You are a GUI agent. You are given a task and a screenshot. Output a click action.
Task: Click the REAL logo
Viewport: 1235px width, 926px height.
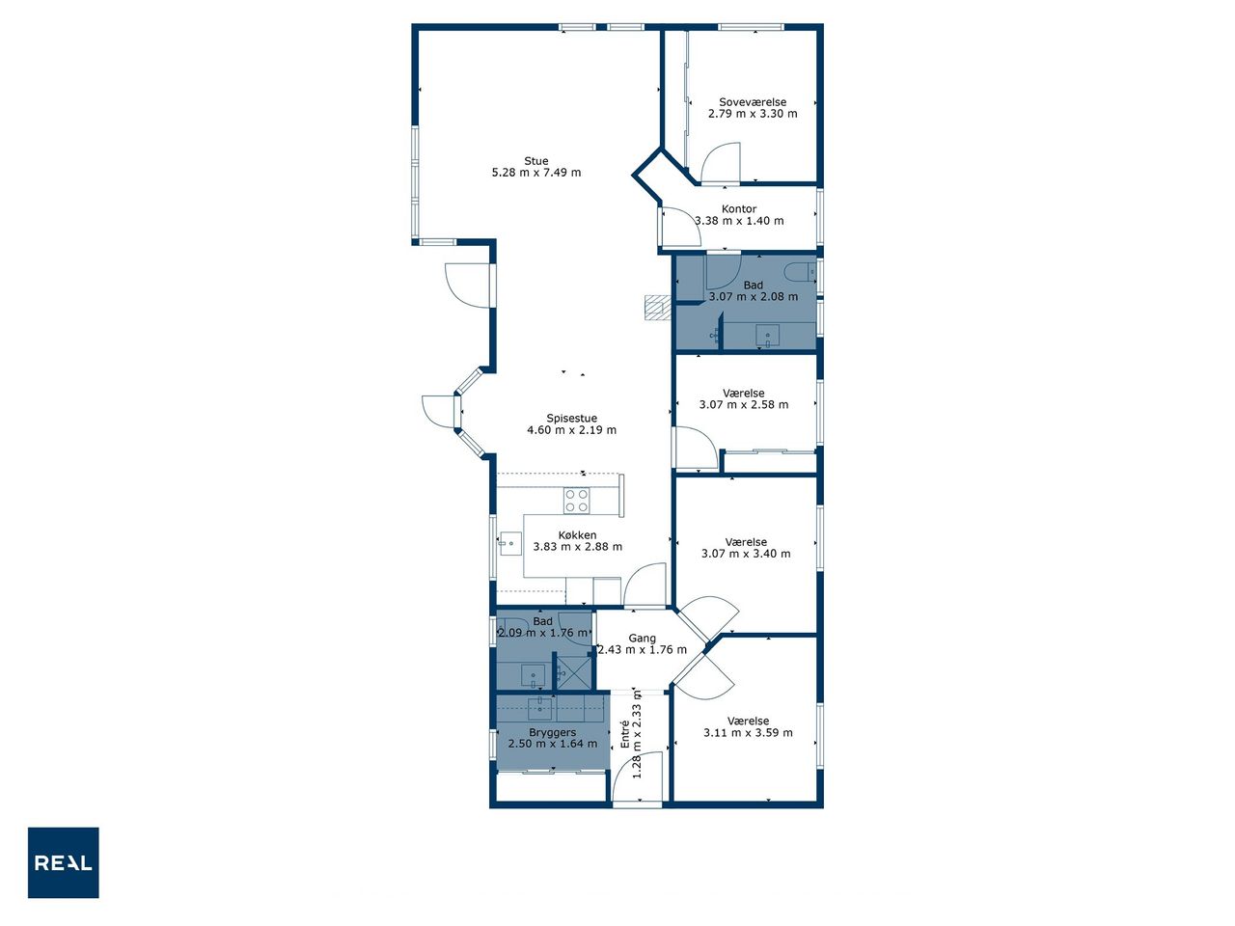click(63, 862)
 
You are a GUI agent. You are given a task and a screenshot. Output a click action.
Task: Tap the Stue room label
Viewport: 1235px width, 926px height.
click(535, 161)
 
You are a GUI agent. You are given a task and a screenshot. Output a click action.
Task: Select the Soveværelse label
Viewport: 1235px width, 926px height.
click(753, 102)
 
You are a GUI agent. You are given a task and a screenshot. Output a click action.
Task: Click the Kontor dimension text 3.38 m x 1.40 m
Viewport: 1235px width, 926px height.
click(739, 220)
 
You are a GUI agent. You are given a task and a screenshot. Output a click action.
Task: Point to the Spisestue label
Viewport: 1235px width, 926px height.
click(571, 419)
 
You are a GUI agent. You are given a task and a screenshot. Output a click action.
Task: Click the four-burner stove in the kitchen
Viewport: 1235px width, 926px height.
click(577, 501)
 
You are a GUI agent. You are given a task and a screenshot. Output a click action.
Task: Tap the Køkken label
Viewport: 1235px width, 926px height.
click(577, 534)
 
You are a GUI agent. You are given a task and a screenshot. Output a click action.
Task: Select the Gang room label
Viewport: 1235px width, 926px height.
click(642, 639)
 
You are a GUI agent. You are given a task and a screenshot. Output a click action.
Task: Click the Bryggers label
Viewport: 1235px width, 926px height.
click(553, 732)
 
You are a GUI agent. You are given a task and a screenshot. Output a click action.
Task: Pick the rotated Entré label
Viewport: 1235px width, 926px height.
click(624, 734)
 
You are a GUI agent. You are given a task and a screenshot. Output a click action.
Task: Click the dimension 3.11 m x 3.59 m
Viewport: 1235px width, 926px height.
click(748, 732)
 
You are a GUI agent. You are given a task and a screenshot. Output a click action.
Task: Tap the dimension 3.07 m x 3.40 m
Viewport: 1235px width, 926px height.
click(746, 554)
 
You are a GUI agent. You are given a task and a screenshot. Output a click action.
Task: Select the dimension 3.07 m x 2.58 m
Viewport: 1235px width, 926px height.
click(743, 404)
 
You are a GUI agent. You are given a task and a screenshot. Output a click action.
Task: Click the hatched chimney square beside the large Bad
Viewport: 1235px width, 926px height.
click(658, 308)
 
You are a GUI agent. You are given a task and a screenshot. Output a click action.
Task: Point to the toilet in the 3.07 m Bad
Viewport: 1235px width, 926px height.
click(800, 273)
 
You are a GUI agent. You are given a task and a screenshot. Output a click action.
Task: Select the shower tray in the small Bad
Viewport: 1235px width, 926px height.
click(574, 673)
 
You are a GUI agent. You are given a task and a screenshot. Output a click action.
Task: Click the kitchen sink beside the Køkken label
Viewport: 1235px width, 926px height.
click(510, 543)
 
